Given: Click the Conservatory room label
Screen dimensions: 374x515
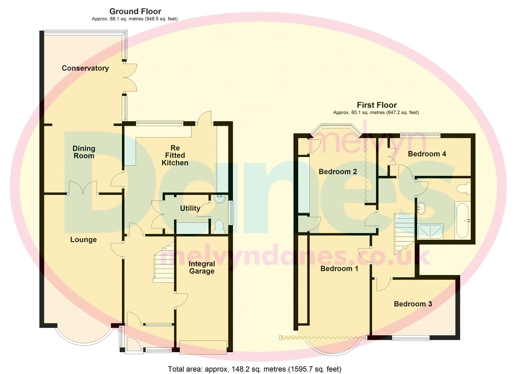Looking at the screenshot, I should coord(85,68).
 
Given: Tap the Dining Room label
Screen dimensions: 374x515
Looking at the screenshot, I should coord(84,152).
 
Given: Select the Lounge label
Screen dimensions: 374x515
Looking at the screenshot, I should coord(83,240).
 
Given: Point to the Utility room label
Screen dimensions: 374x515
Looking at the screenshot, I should coord(190,208).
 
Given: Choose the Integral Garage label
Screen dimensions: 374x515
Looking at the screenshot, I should coord(201,267).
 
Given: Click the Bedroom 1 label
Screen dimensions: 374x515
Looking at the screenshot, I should coord(339,268).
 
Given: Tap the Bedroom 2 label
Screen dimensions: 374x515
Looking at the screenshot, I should coord(337,171).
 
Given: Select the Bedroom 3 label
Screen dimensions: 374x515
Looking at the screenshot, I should coord(413,304).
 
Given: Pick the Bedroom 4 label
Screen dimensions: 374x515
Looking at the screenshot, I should coord(427,154).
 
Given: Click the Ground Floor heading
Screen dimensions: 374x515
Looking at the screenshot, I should coord(135,11).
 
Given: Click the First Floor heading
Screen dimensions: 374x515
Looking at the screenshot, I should coord(377,105).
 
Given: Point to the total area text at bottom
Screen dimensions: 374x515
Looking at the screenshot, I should coord(255,369).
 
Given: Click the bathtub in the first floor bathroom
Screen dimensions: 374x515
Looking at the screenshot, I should coord(462,221).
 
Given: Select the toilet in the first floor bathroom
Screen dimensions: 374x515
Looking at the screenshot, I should coord(463,189).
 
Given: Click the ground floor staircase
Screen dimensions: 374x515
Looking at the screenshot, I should coord(163,265).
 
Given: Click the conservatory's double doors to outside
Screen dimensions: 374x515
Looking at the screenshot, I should coord(130,78).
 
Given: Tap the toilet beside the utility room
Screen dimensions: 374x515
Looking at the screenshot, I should coord(219,226).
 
